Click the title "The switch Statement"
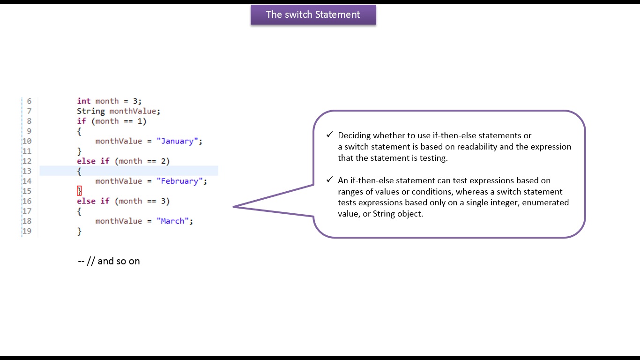click(313, 15)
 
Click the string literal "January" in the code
click(179, 141)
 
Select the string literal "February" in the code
click(181, 181)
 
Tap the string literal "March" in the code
click(174, 221)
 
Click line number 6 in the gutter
click(29, 101)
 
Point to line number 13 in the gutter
click(27, 171)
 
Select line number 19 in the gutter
click(27, 231)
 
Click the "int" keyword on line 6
click(84, 101)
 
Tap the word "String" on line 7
click(91, 111)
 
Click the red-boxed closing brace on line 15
click(79, 191)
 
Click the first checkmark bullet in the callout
click(329, 135)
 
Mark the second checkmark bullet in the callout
click(329, 180)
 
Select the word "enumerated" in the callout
click(545, 202)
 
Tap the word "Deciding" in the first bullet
click(354, 135)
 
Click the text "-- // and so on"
click(109, 261)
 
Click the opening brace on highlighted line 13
click(79, 171)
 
